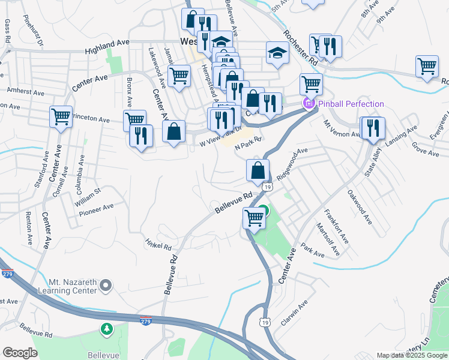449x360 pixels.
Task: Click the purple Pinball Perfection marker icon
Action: (310, 104)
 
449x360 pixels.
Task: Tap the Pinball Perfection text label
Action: (351, 104)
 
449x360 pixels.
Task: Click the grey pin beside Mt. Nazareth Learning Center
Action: (106, 285)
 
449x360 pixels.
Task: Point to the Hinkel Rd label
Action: (158, 246)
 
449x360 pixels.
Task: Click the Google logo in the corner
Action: (20, 353)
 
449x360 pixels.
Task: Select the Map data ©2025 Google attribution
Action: (412, 355)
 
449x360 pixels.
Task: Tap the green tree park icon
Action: (106, 329)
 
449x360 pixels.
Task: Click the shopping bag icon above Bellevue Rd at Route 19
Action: (258, 170)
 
